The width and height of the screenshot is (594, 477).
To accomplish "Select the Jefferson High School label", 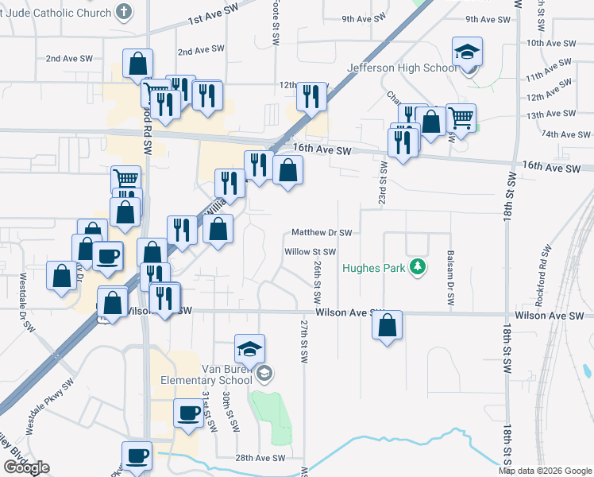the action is tap(402, 68).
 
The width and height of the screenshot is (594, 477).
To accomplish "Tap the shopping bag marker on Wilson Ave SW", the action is tap(387, 326).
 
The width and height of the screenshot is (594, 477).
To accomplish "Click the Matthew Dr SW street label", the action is tap(321, 233).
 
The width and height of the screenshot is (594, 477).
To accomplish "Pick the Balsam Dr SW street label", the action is tap(450, 279).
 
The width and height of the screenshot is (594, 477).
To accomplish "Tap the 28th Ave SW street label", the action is tap(260, 458).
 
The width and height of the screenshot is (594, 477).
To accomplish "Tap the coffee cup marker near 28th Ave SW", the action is tap(136, 457).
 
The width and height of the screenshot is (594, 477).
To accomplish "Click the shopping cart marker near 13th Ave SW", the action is tap(461, 119).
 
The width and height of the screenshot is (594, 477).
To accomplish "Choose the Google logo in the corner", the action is tap(27, 467).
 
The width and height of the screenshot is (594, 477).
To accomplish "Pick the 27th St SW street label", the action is tap(303, 340).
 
